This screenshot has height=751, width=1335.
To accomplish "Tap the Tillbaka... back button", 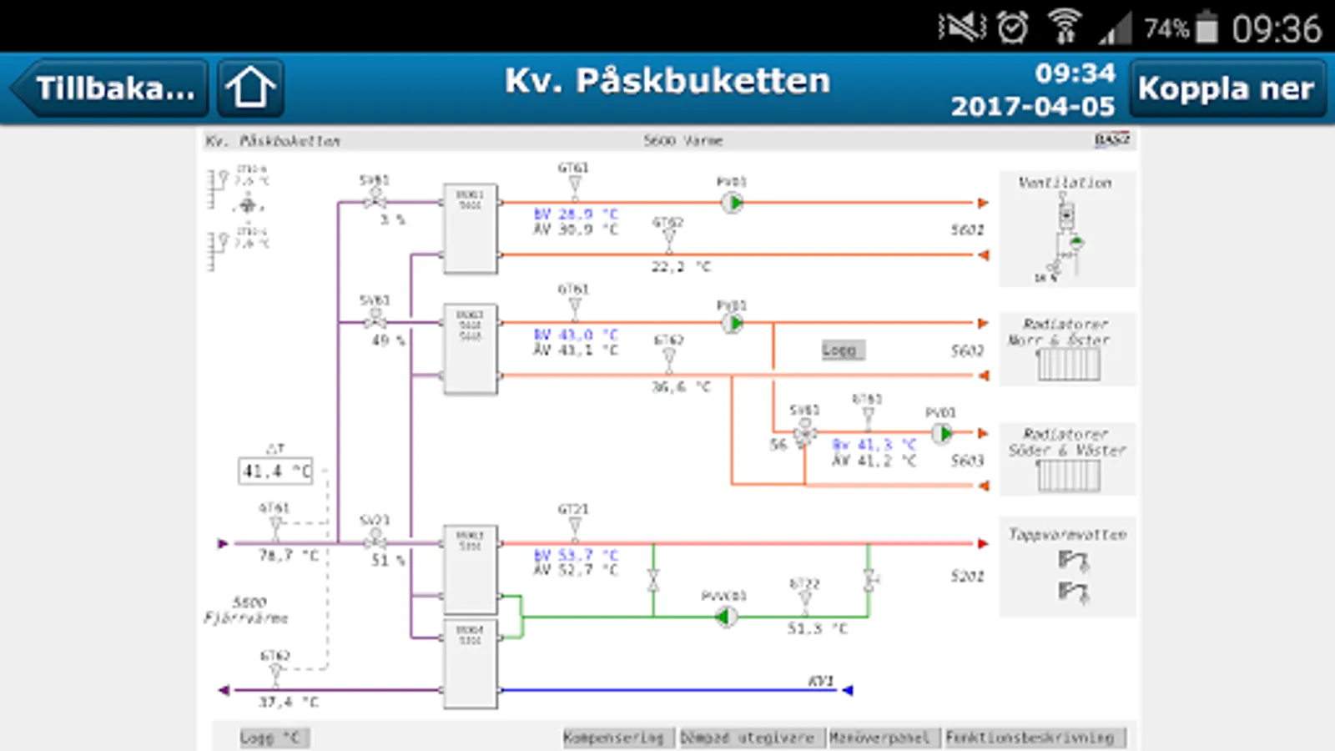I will click(111, 88).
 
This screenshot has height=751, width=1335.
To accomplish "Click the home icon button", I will click(250, 88).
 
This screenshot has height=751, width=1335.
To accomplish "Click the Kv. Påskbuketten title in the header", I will click(667, 81).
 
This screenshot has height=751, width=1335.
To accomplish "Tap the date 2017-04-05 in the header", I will click(1032, 107).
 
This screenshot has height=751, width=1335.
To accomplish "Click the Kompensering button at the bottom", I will click(614, 738).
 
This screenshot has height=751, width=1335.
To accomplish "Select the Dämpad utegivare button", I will click(748, 738).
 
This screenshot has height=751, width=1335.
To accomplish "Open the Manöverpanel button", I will click(880, 738).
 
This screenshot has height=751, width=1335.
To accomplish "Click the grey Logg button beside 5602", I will click(839, 350).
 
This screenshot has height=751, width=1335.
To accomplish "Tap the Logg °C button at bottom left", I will click(269, 738).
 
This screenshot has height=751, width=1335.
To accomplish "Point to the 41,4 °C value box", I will click(275, 471).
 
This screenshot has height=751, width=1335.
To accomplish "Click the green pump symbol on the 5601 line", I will click(733, 203).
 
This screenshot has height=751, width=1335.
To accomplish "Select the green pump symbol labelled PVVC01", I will click(726, 617).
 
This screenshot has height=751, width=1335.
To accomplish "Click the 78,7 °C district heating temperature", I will click(289, 555).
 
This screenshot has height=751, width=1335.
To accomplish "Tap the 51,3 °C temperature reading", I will click(817, 628).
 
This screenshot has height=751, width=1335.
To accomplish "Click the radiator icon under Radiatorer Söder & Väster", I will click(1069, 476).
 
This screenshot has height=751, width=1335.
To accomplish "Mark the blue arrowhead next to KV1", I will click(848, 690).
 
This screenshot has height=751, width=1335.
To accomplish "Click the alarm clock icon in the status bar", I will click(1013, 28).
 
